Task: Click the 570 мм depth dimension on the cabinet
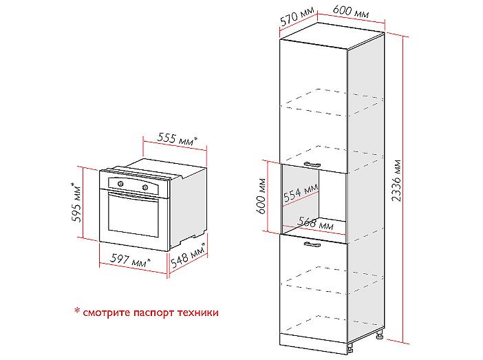[x=297, y=16]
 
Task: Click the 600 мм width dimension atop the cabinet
[x=351, y=12]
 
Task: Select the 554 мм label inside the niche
[x=301, y=193]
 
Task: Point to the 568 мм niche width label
[x=316, y=224]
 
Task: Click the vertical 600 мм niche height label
[x=261, y=195]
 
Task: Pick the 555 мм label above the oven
[x=177, y=138]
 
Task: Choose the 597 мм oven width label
[x=130, y=260]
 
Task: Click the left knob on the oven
[x=121, y=184]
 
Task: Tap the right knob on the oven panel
[x=144, y=187]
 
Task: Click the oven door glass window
[x=133, y=215]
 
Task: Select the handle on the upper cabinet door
[x=312, y=165]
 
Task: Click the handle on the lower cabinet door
[x=312, y=244]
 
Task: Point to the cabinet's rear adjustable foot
[x=379, y=334]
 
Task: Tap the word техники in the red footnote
[x=198, y=313]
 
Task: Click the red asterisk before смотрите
[x=77, y=310]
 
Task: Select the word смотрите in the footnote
[x=107, y=313]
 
